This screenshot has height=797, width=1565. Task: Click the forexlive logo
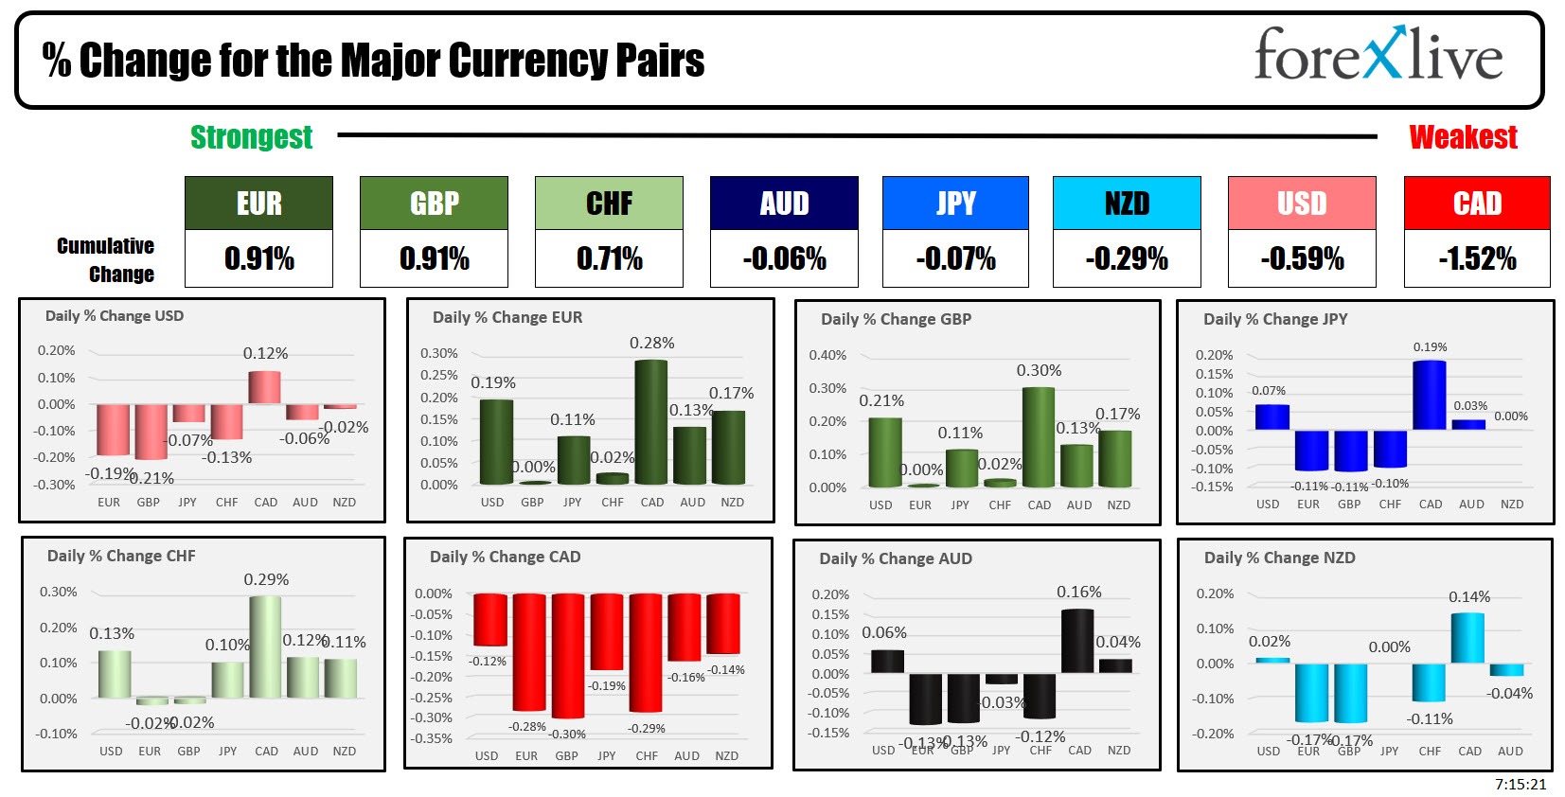(x=1378, y=55)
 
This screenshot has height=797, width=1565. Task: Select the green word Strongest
(x=252, y=138)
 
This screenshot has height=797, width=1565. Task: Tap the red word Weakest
(x=1463, y=138)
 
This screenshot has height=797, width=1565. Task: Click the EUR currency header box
(x=258, y=204)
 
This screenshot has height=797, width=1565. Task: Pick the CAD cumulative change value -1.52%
(x=1477, y=258)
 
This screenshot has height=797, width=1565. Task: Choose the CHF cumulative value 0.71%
(x=609, y=258)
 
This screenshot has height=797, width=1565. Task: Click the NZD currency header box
(x=1127, y=204)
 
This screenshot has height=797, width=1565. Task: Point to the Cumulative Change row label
(x=106, y=260)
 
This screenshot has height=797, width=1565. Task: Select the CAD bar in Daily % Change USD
(x=265, y=388)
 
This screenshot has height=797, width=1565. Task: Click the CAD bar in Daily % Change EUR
(x=651, y=423)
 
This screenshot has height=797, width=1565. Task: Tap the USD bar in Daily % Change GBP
(x=884, y=452)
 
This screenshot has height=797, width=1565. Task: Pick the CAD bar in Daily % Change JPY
(x=1429, y=396)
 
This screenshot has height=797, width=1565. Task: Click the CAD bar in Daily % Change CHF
(x=265, y=647)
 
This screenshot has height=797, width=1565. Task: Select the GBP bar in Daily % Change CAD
(x=567, y=655)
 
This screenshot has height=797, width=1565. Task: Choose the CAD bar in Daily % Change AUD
(x=1077, y=641)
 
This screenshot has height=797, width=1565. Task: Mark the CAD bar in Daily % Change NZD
(x=1467, y=639)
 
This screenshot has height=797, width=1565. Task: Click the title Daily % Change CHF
(x=121, y=557)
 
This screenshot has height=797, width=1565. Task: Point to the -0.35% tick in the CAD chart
(x=433, y=739)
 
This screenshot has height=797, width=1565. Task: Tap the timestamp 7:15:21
(x=1521, y=785)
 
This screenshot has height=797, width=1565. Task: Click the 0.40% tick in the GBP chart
(x=827, y=356)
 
